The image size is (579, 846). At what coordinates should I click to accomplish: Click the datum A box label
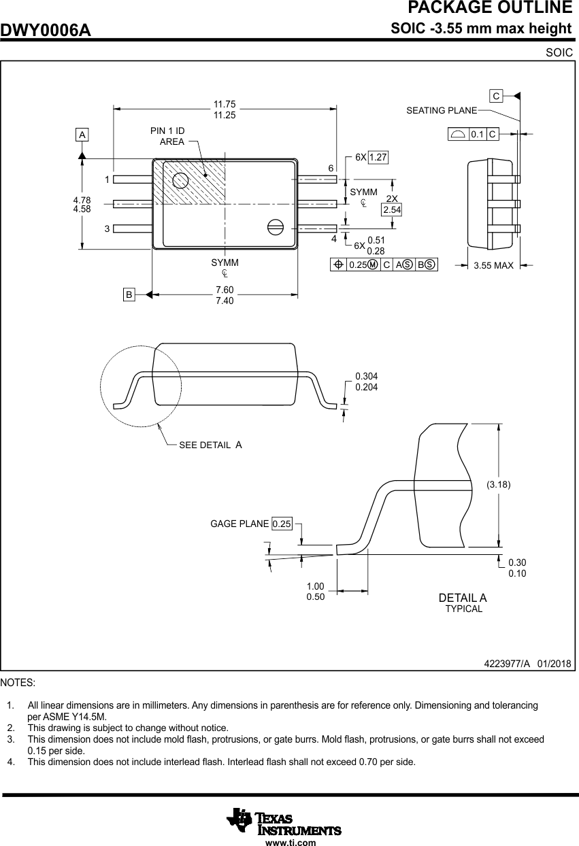pyautogui.click(x=82, y=135)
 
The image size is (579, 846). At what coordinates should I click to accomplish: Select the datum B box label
pyautogui.click(x=129, y=294)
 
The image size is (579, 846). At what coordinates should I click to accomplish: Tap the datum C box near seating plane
pyautogui.click(x=497, y=96)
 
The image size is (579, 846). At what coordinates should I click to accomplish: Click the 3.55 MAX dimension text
pyautogui.click(x=493, y=265)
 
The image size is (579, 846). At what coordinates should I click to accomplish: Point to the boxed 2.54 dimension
pyautogui.click(x=392, y=210)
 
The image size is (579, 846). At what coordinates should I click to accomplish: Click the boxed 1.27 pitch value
pyautogui.click(x=378, y=157)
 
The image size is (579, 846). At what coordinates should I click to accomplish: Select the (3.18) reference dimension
pyautogui.click(x=498, y=484)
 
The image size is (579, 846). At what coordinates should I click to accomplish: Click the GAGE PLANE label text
pyautogui.click(x=239, y=524)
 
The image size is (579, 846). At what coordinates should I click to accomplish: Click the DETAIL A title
pyautogui.click(x=463, y=598)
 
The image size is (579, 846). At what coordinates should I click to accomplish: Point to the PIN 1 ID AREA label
pyautogui.click(x=167, y=136)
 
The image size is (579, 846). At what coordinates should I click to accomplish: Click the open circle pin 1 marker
pyautogui.click(x=180, y=180)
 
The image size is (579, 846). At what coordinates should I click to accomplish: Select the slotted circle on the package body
pyautogui.click(x=275, y=227)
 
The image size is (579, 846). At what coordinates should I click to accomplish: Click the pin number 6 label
pyautogui.click(x=331, y=168)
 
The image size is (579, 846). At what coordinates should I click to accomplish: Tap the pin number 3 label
pyautogui.click(x=107, y=229)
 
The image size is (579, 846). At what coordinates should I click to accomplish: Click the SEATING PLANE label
pyautogui.click(x=442, y=110)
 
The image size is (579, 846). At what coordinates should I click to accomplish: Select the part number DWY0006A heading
pyautogui.click(x=46, y=30)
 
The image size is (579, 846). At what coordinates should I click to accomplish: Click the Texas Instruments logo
pyautogui.click(x=284, y=821)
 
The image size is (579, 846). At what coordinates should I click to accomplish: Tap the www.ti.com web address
pyautogui.click(x=291, y=843)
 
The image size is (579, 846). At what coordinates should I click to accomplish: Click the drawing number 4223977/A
pyautogui.click(x=507, y=663)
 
